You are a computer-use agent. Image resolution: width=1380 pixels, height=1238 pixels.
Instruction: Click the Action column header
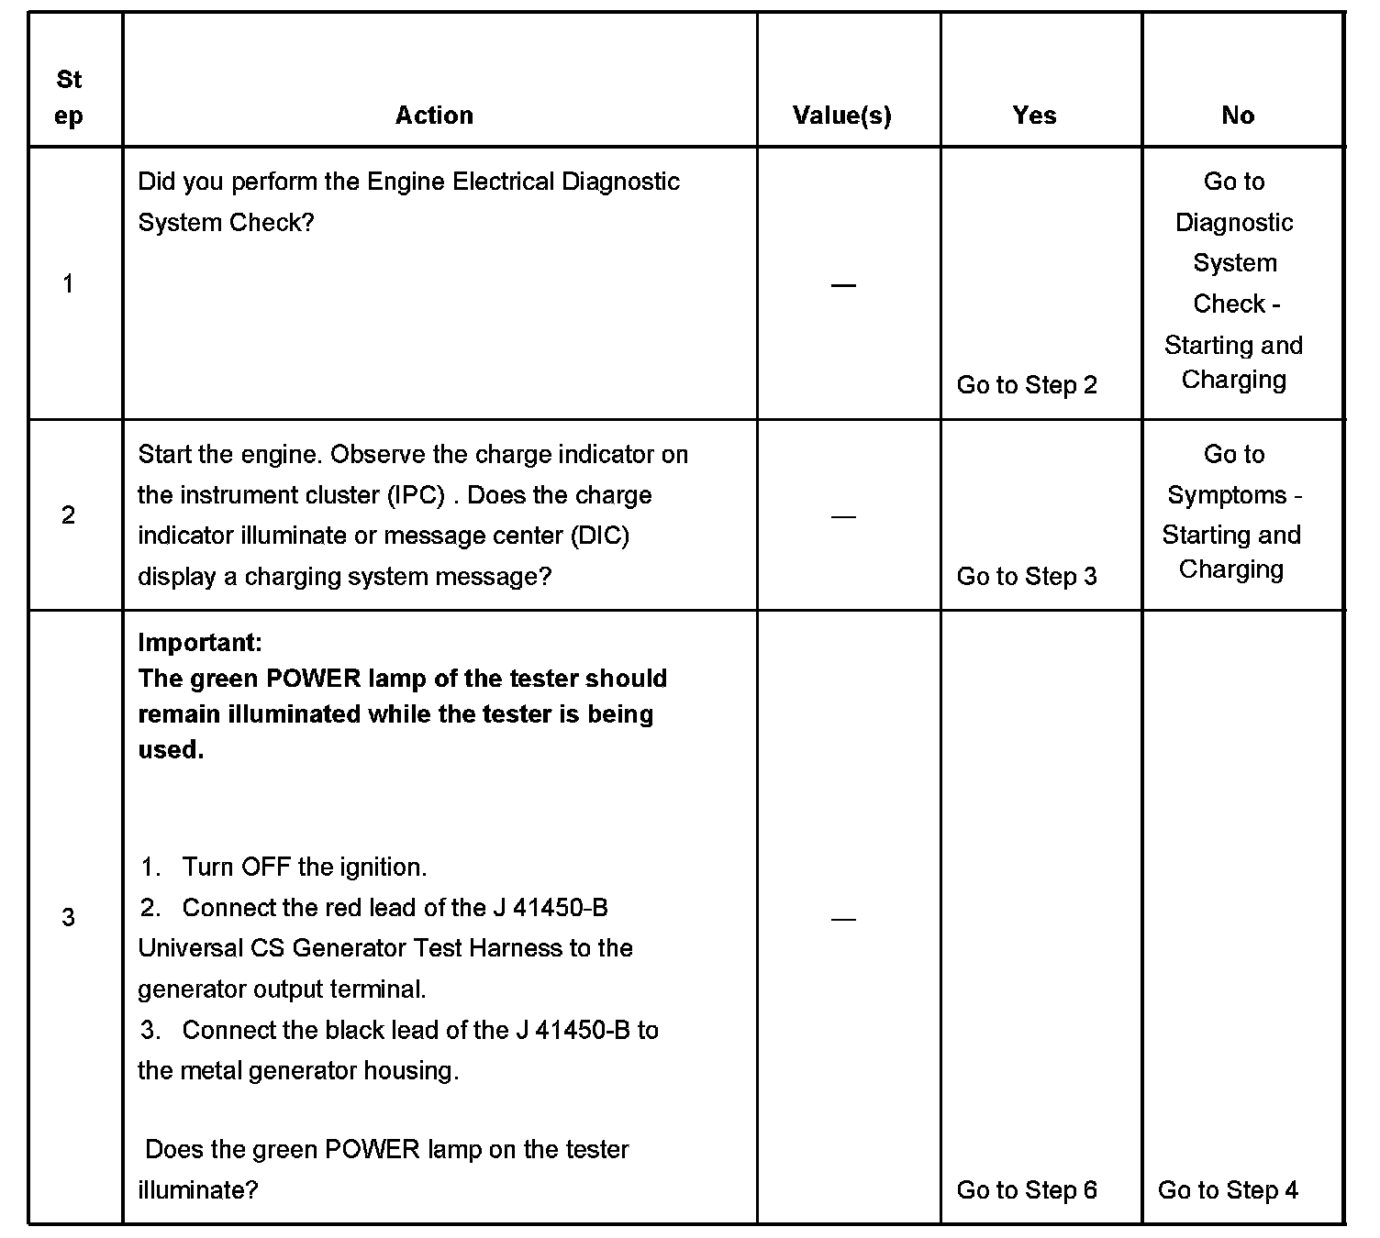tap(434, 116)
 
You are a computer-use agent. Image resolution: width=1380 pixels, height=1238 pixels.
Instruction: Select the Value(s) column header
tap(842, 116)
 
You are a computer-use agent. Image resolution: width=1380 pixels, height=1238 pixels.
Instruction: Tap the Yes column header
tap(1034, 116)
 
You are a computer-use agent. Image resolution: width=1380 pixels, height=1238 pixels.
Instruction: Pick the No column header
tap(1238, 116)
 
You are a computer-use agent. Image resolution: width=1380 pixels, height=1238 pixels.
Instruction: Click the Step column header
tap(69, 98)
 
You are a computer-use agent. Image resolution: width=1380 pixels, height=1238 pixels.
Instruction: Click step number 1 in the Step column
tap(68, 284)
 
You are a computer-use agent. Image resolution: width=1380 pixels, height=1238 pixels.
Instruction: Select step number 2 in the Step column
tap(68, 515)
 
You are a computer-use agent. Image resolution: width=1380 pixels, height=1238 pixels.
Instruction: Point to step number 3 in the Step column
tap(68, 917)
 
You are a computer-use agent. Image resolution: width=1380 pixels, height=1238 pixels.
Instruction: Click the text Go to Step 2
tap(1027, 385)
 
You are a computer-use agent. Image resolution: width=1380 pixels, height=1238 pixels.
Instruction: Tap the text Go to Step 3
tap(1027, 577)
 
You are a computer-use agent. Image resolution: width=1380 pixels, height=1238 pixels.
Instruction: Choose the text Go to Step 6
tap(1027, 1190)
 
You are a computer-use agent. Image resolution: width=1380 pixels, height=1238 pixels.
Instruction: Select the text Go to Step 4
tap(1228, 1190)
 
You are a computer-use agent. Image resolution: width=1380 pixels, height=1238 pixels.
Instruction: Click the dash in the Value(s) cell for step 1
tap(842, 286)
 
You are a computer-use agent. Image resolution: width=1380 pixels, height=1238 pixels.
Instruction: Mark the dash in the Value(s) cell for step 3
tap(842, 919)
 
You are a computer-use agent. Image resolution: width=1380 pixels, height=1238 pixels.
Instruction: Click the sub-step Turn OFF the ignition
tap(304, 867)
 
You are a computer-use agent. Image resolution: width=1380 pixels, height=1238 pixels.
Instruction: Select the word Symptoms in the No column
tap(1226, 495)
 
